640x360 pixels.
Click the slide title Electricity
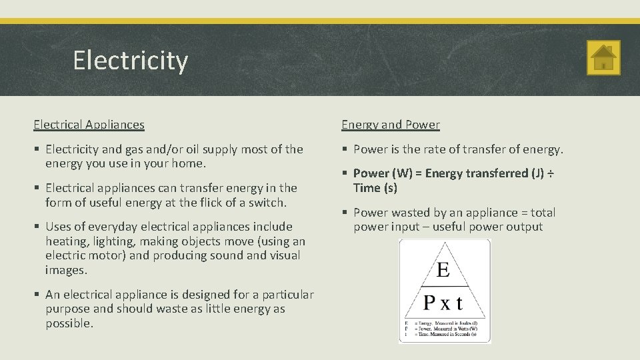pyautogui.click(x=131, y=61)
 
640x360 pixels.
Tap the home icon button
pyautogui.click(x=604, y=58)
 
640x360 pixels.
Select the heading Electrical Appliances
pyautogui.click(x=89, y=125)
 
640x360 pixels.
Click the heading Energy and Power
pyautogui.click(x=391, y=125)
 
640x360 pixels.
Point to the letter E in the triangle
pyautogui.click(x=443, y=270)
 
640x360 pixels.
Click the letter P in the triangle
pyautogui.click(x=431, y=303)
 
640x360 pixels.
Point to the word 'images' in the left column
pyautogui.click(x=65, y=270)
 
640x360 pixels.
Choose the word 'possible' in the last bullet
pyautogui.click(x=69, y=323)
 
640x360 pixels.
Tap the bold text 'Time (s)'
pyautogui.click(x=375, y=188)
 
